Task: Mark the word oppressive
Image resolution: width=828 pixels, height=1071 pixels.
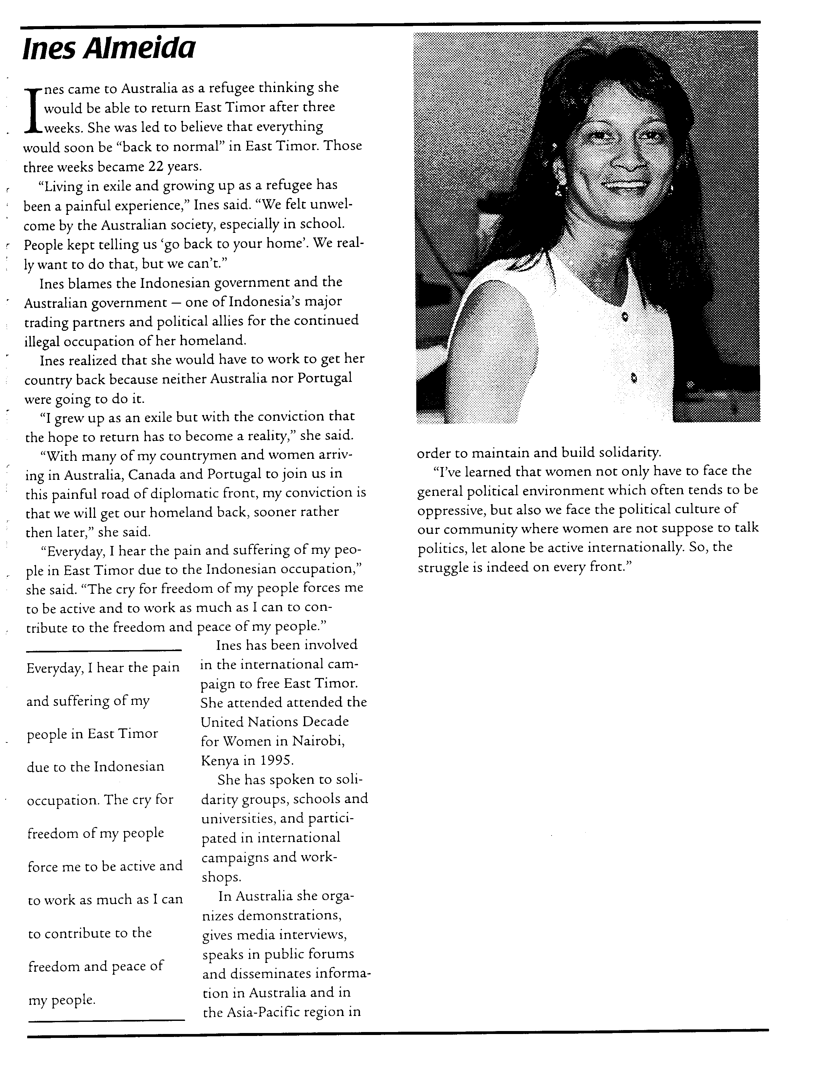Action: (450, 510)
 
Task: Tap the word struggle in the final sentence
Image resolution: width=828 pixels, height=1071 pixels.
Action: (441, 567)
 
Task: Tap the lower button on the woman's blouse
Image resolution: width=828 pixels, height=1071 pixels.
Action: (633, 378)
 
